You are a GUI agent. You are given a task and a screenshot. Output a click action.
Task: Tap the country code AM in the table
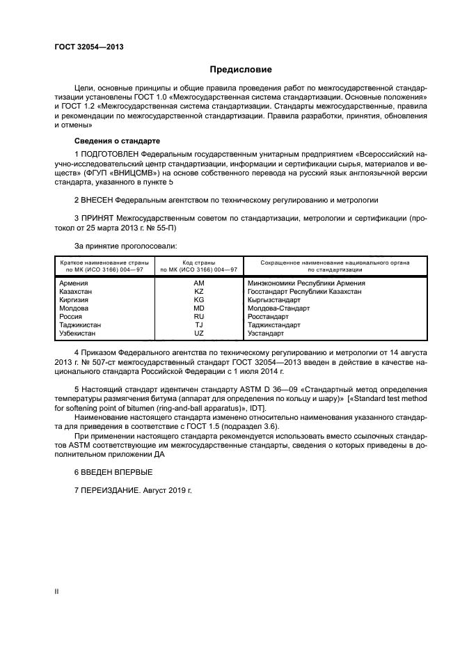pyautogui.click(x=199, y=283)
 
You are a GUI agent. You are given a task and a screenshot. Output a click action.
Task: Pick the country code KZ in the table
pyautogui.click(x=199, y=292)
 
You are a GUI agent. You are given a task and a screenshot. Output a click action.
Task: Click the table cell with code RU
pyautogui.click(x=199, y=317)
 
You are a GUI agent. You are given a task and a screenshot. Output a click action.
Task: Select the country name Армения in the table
pyautogui.click(x=73, y=283)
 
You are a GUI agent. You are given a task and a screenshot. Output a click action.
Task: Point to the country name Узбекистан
pyautogui.click(x=78, y=334)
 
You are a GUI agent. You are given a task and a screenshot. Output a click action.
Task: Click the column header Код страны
pyautogui.click(x=199, y=262)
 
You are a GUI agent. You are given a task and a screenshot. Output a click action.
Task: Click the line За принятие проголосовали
pyautogui.click(x=125, y=245)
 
